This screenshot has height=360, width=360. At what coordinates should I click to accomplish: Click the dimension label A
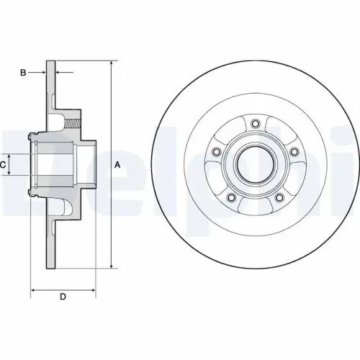click(x=117, y=165)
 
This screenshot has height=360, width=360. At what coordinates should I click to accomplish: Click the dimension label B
click(x=23, y=73)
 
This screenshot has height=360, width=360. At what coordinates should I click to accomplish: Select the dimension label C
click(x=4, y=165)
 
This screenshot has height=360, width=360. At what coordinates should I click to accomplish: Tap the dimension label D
click(x=63, y=296)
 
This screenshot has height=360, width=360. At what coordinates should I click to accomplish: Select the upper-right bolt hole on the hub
click(x=294, y=151)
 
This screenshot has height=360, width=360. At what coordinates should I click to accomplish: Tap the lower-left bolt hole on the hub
click(x=230, y=198)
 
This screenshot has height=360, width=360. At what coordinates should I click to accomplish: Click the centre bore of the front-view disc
click(x=255, y=164)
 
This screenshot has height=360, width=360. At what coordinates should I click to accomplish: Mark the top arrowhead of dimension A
click(x=111, y=65)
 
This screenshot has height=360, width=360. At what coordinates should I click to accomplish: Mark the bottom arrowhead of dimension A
click(x=111, y=265)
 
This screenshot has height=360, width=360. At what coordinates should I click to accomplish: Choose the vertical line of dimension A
click(x=111, y=216)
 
